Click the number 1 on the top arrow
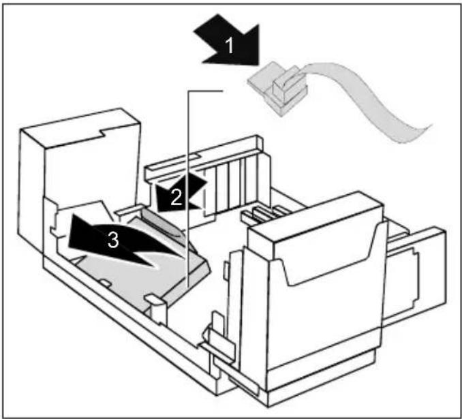pyautogui.click(x=229, y=46)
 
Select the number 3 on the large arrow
pyautogui.click(x=113, y=239)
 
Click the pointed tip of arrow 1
pyautogui.click(x=258, y=63)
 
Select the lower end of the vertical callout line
pyautogui.click(x=188, y=286)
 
